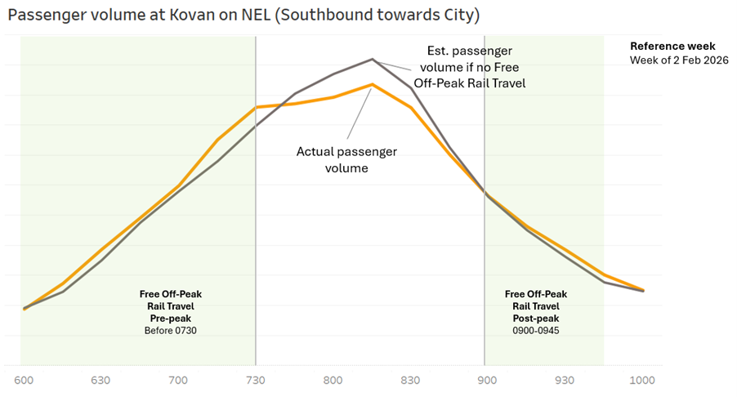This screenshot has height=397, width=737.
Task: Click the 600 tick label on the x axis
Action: click(25, 381)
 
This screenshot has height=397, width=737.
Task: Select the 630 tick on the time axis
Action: click(101, 381)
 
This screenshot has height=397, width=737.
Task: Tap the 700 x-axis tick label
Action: click(178, 381)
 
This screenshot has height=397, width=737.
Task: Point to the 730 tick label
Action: click(256, 381)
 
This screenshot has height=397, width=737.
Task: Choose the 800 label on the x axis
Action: click(333, 381)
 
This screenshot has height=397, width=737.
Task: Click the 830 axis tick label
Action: click(410, 381)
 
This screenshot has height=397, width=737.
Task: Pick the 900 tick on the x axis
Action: click(487, 381)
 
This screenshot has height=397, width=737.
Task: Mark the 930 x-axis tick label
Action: click(565, 381)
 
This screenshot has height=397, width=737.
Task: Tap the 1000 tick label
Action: click(643, 381)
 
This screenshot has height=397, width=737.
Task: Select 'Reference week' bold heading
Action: click(672, 47)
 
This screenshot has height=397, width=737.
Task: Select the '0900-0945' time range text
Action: click(536, 330)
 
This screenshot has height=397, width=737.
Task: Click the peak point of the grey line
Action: click(373, 59)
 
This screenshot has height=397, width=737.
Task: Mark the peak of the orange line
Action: click(373, 84)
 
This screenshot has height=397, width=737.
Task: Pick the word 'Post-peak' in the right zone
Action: click(536, 318)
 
